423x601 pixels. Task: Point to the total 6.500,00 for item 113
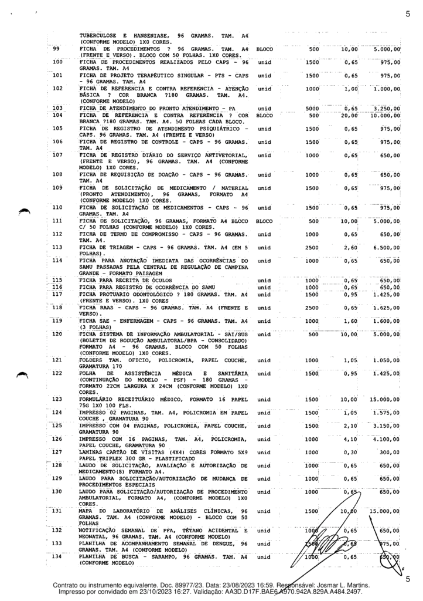point(387,248)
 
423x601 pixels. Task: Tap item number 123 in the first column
point(57,399)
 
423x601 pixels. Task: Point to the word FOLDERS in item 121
point(92,359)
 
